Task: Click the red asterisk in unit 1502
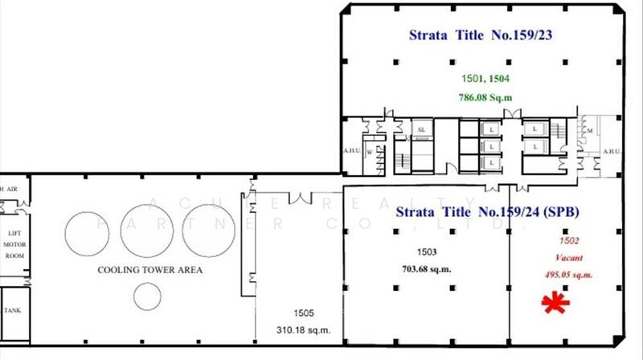coord(553,304)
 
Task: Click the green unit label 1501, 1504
coord(485,80)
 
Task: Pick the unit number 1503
coord(427,253)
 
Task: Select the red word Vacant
coord(568,258)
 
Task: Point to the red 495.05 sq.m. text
coord(568,275)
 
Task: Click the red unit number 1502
coord(569,240)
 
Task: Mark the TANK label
coord(13,309)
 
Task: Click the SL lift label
coord(420,129)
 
